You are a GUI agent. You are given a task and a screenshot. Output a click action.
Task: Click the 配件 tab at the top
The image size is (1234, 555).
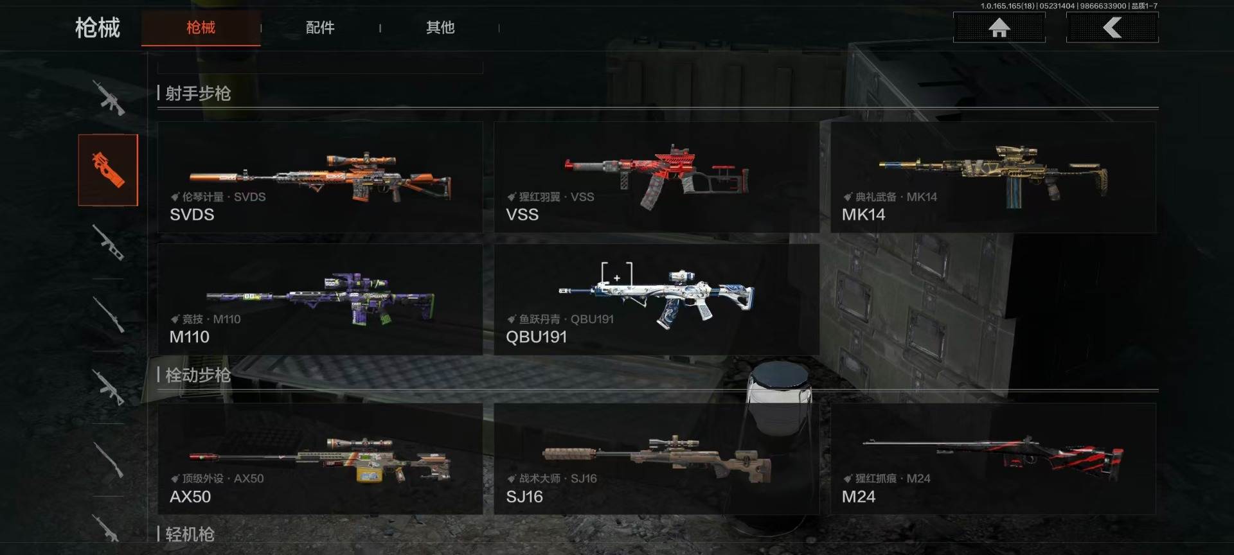click(x=320, y=28)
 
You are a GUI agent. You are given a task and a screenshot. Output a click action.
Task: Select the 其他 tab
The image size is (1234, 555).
click(x=440, y=28)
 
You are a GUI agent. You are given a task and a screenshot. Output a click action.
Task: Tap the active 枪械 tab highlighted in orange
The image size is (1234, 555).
click(x=201, y=28)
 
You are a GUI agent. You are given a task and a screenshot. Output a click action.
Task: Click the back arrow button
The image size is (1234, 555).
click(x=1112, y=28)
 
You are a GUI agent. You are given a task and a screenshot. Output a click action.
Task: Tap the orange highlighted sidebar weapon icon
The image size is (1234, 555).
click(x=108, y=170)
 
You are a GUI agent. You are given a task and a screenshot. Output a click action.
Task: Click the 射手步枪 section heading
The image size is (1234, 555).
click(x=198, y=94)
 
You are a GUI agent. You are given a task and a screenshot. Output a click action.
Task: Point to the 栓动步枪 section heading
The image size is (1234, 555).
click(x=198, y=375)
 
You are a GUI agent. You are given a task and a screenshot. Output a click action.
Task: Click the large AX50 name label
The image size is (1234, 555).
click(x=190, y=497)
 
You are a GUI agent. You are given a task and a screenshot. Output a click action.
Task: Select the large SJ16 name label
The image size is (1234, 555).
click(x=524, y=497)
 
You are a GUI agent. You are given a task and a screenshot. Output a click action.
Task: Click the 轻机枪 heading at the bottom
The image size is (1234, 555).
click(x=190, y=534)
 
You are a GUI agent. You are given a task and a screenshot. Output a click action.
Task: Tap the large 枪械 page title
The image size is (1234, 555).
click(x=98, y=28)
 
